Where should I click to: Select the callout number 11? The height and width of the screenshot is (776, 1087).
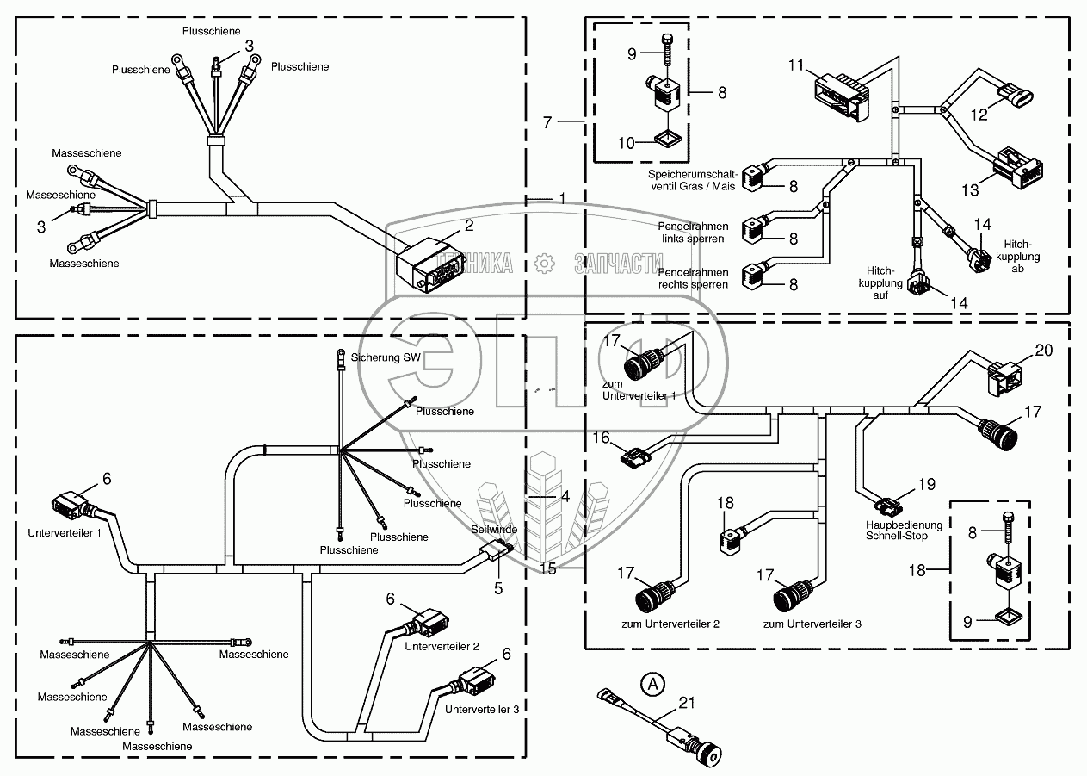(795, 65)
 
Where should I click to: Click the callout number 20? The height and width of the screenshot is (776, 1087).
(1043, 350)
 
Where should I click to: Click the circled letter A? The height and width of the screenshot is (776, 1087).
(654, 685)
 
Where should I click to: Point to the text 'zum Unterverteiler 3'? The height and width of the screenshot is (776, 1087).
(812, 624)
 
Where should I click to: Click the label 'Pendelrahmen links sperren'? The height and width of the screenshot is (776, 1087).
(693, 232)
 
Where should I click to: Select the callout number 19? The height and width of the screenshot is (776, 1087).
(925, 485)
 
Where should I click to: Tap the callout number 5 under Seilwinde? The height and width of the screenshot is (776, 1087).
(497, 589)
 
